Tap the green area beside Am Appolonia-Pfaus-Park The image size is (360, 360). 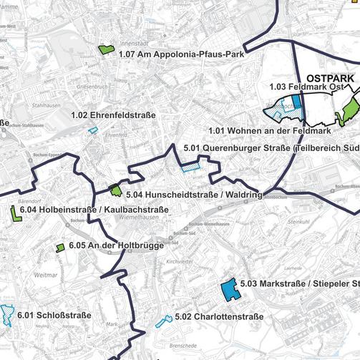pos(107,50)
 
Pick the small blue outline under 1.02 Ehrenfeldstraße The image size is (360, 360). pos(92,130)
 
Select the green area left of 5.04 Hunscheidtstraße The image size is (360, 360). pos(115,190)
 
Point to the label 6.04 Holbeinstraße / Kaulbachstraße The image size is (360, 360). pos(94,210)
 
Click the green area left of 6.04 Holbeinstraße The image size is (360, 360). pos(15,214)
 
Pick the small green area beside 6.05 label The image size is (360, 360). pos(61,248)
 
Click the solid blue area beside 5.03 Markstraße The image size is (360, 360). pos(230,289)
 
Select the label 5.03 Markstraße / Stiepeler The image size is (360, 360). pos(300,284)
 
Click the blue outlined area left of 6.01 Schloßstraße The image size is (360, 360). pos(7,315)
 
